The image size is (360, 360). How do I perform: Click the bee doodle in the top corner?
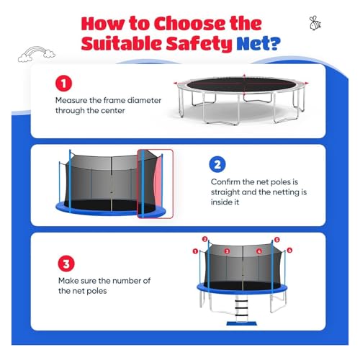(315, 23)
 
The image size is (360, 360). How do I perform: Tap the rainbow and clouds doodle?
(37, 54)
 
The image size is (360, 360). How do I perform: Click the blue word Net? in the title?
(258, 44)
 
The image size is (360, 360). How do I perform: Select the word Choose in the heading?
(207, 24)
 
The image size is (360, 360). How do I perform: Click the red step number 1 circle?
(63, 84)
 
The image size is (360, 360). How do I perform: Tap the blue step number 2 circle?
(217, 165)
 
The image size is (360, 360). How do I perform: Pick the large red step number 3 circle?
(66, 264)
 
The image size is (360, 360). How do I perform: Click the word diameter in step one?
(144, 100)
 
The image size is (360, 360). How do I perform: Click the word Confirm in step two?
(225, 182)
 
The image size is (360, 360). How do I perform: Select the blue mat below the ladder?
(242, 324)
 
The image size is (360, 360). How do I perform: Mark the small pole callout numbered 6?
(289, 251)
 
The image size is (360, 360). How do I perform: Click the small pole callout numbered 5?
(277, 240)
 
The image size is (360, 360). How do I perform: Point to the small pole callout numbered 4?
(259, 251)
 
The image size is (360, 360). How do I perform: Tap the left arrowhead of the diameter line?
(175, 84)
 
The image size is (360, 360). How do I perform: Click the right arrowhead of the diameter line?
(307, 83)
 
